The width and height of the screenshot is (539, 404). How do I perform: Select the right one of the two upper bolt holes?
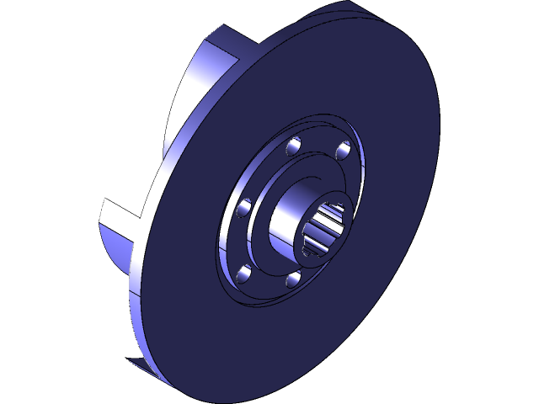(343, 151)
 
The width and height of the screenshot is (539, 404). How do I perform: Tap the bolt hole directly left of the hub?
(245, 207)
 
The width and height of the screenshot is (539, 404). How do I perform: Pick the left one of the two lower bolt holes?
(245, 271)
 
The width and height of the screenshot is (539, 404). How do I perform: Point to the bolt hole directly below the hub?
(293, 279)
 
